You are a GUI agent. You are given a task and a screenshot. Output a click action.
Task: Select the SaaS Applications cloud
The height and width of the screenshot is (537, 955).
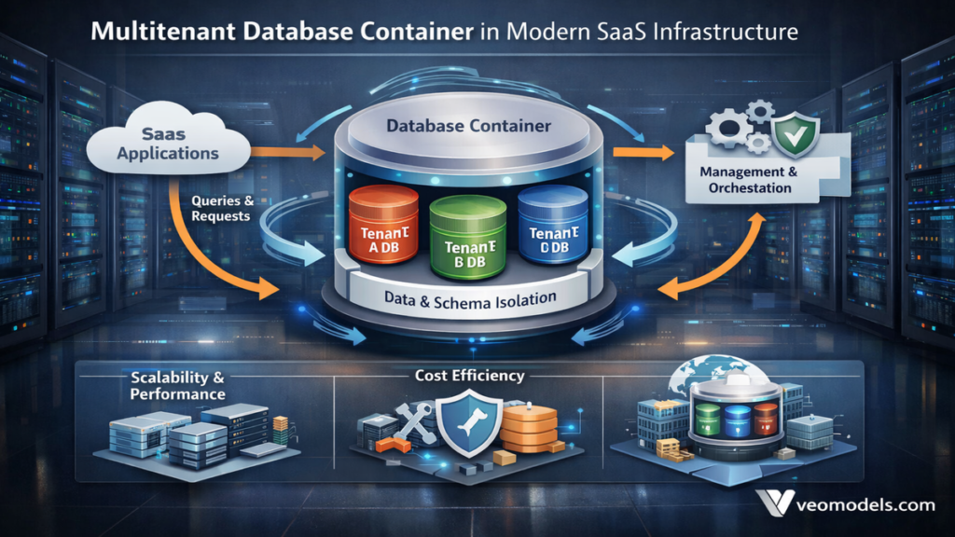click(x=168, y=145)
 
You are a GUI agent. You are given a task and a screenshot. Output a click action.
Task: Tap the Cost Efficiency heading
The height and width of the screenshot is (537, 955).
click(x=470, y=376)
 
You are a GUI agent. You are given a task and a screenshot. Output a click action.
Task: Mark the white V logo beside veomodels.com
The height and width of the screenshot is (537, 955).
click(x=777, y=504)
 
